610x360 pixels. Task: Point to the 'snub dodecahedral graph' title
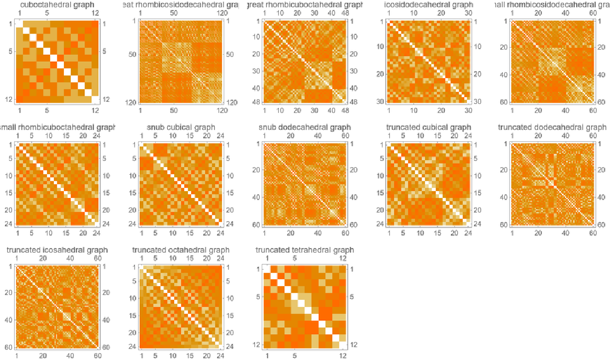304,127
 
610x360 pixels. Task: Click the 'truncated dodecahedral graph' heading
551,127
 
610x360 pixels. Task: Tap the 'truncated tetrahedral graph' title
304,250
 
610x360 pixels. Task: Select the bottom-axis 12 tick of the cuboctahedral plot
95,111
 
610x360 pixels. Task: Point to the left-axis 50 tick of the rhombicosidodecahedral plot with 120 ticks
133,54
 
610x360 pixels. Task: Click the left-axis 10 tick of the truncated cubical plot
381,175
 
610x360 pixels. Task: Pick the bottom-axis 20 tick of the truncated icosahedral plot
43,356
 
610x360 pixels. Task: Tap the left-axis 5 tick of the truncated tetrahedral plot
259,297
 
